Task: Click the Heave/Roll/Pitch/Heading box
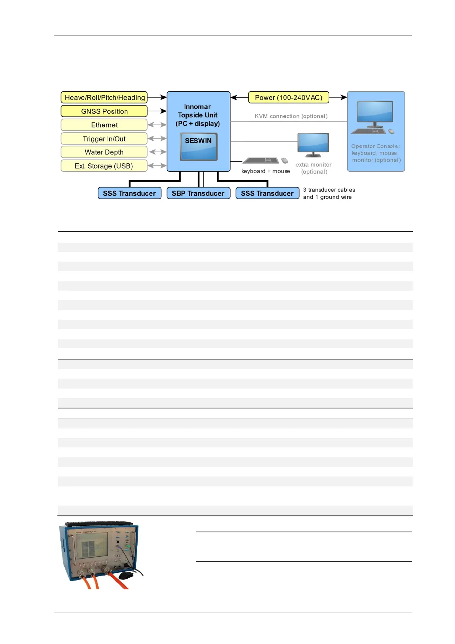click(104, 98)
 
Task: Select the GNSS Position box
click(104, 111)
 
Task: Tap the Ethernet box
click(104, 125)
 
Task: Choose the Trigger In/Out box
click(104, 139)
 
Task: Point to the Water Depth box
click(104, 152)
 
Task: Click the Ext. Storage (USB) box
click(104, 166)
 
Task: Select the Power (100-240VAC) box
click(288, 98)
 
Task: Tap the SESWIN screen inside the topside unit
click(198, 147)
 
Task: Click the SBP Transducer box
click(198, 194)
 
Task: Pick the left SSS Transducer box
click(129, 194)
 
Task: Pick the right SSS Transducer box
click(267, 194)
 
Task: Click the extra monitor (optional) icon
click(313, 145)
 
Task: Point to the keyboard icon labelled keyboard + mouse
click(261, 161)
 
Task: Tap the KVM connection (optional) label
click(291, 116)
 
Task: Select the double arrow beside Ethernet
click(157, 125)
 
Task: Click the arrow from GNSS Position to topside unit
click(157, 111)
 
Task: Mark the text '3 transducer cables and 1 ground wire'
click(329, 194)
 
